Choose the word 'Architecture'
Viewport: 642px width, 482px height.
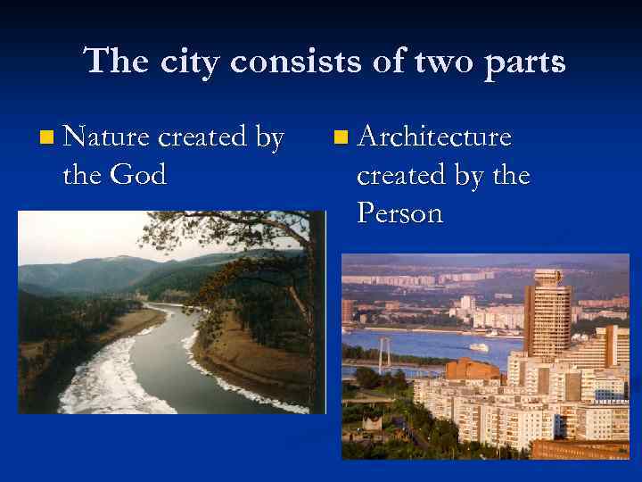434,137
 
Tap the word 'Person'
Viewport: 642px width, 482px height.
399,213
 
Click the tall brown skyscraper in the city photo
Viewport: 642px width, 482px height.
547,312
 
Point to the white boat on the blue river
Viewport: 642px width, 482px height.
480,347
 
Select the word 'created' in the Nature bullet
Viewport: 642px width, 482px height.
204,137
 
